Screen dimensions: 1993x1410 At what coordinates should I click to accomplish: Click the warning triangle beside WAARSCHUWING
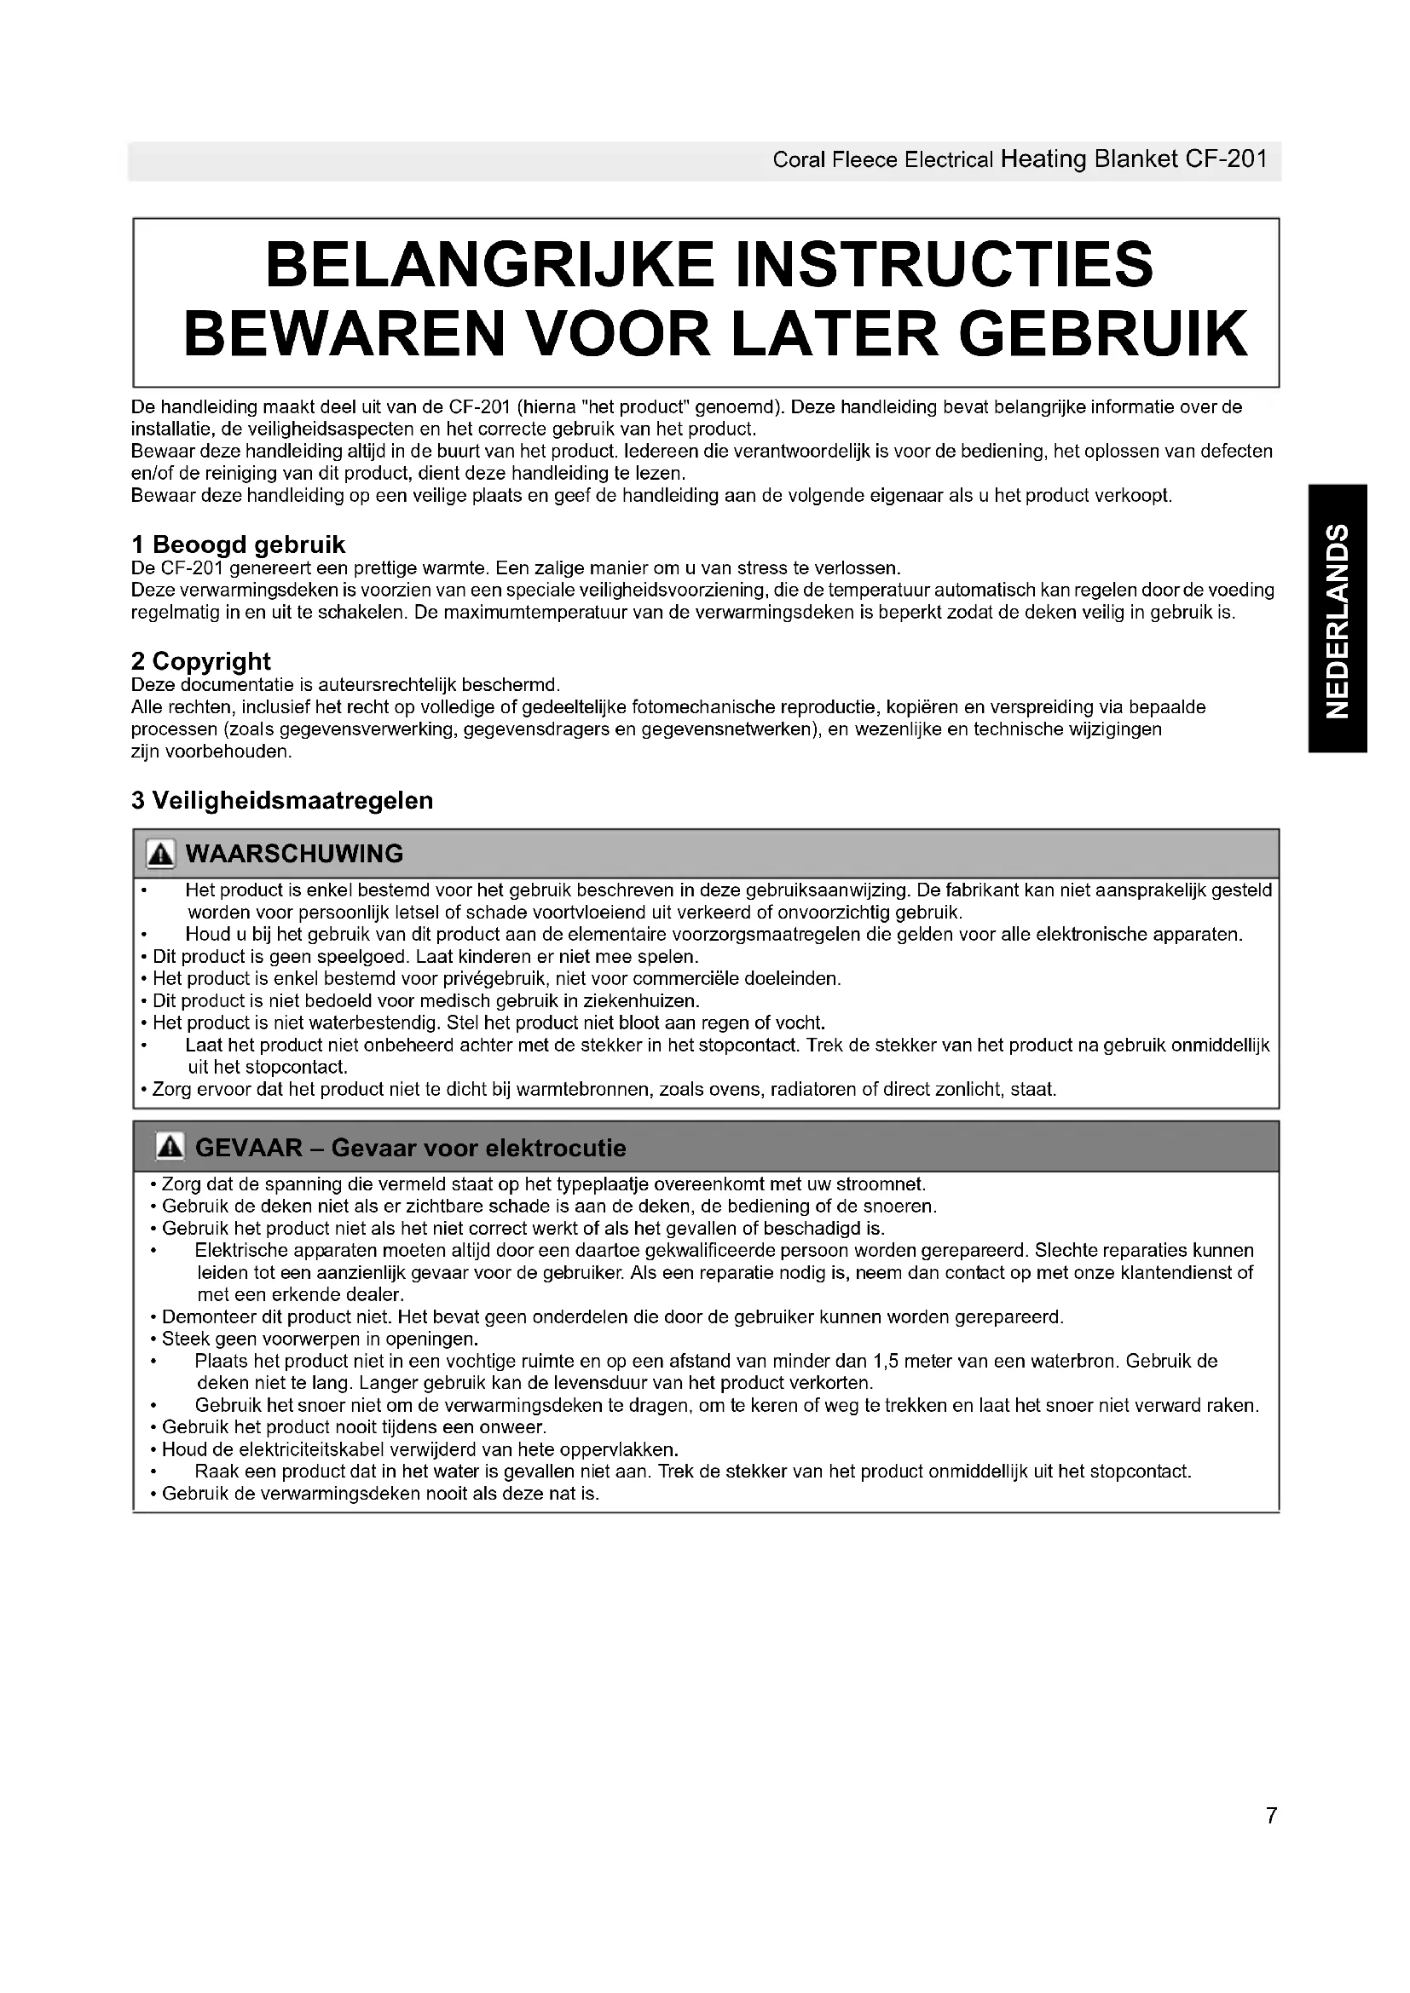160,854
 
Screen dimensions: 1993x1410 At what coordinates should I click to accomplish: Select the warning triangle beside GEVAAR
170,1148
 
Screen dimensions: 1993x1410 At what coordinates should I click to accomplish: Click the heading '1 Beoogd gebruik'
238,545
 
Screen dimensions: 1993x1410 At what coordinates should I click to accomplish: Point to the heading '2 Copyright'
200,661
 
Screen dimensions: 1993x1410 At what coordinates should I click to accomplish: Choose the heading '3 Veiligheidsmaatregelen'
282,800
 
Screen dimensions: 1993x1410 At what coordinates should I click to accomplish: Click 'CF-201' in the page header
1227,158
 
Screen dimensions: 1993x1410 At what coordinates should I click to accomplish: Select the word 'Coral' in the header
798,160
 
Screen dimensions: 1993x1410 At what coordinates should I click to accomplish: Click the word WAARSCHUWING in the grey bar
294,854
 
